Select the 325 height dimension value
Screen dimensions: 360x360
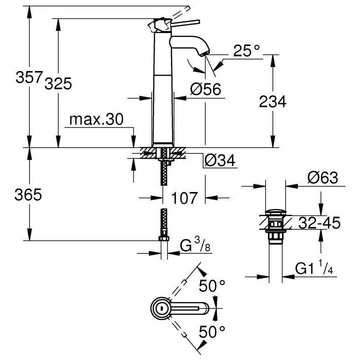click(58, 83)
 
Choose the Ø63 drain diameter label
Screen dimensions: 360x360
click(323, 177)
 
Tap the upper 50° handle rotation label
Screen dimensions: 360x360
click(212, 286)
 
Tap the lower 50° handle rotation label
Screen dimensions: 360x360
click(212, 331)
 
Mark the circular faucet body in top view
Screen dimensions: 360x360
click(160, 309)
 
